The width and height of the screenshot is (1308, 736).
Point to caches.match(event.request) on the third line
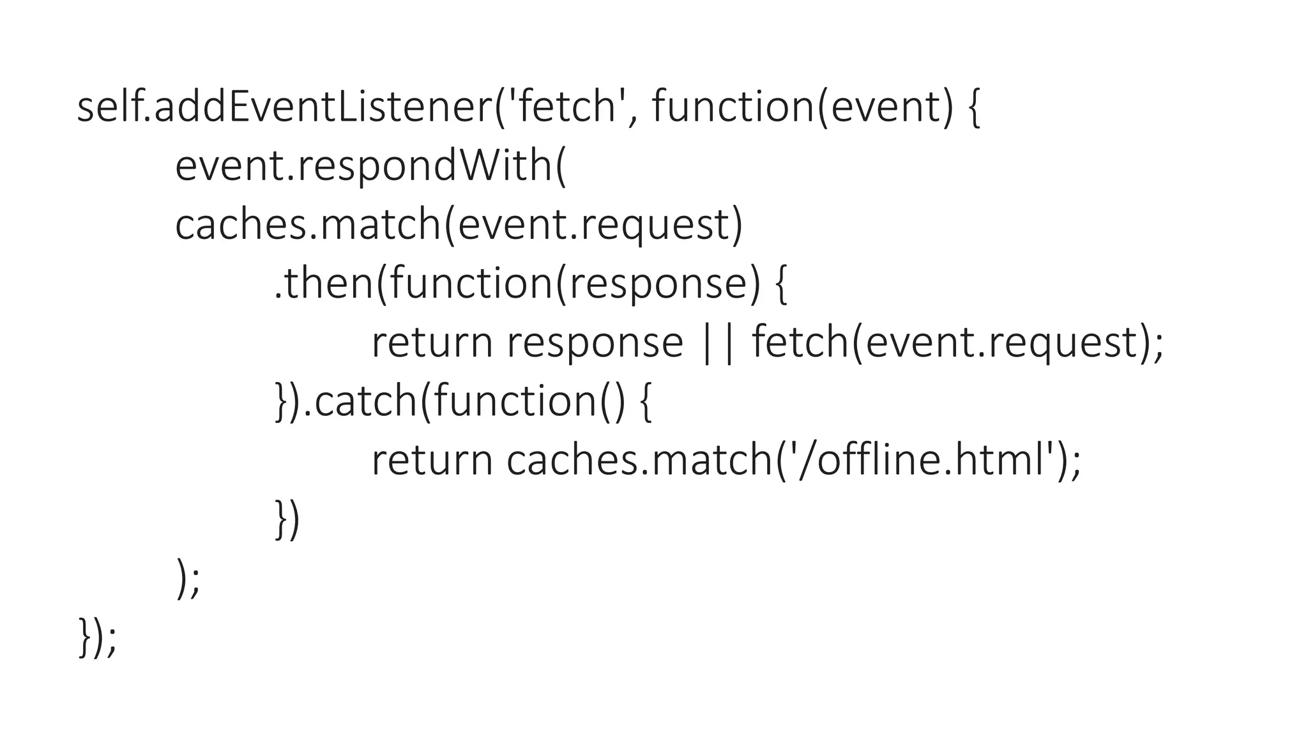click(459, 225)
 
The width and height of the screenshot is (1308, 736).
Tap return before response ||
click(432, 342)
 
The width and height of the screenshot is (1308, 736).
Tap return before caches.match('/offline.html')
click(432, 460)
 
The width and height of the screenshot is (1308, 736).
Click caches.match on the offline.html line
click(639, 460)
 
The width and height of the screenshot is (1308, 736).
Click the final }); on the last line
click(97, 637)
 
